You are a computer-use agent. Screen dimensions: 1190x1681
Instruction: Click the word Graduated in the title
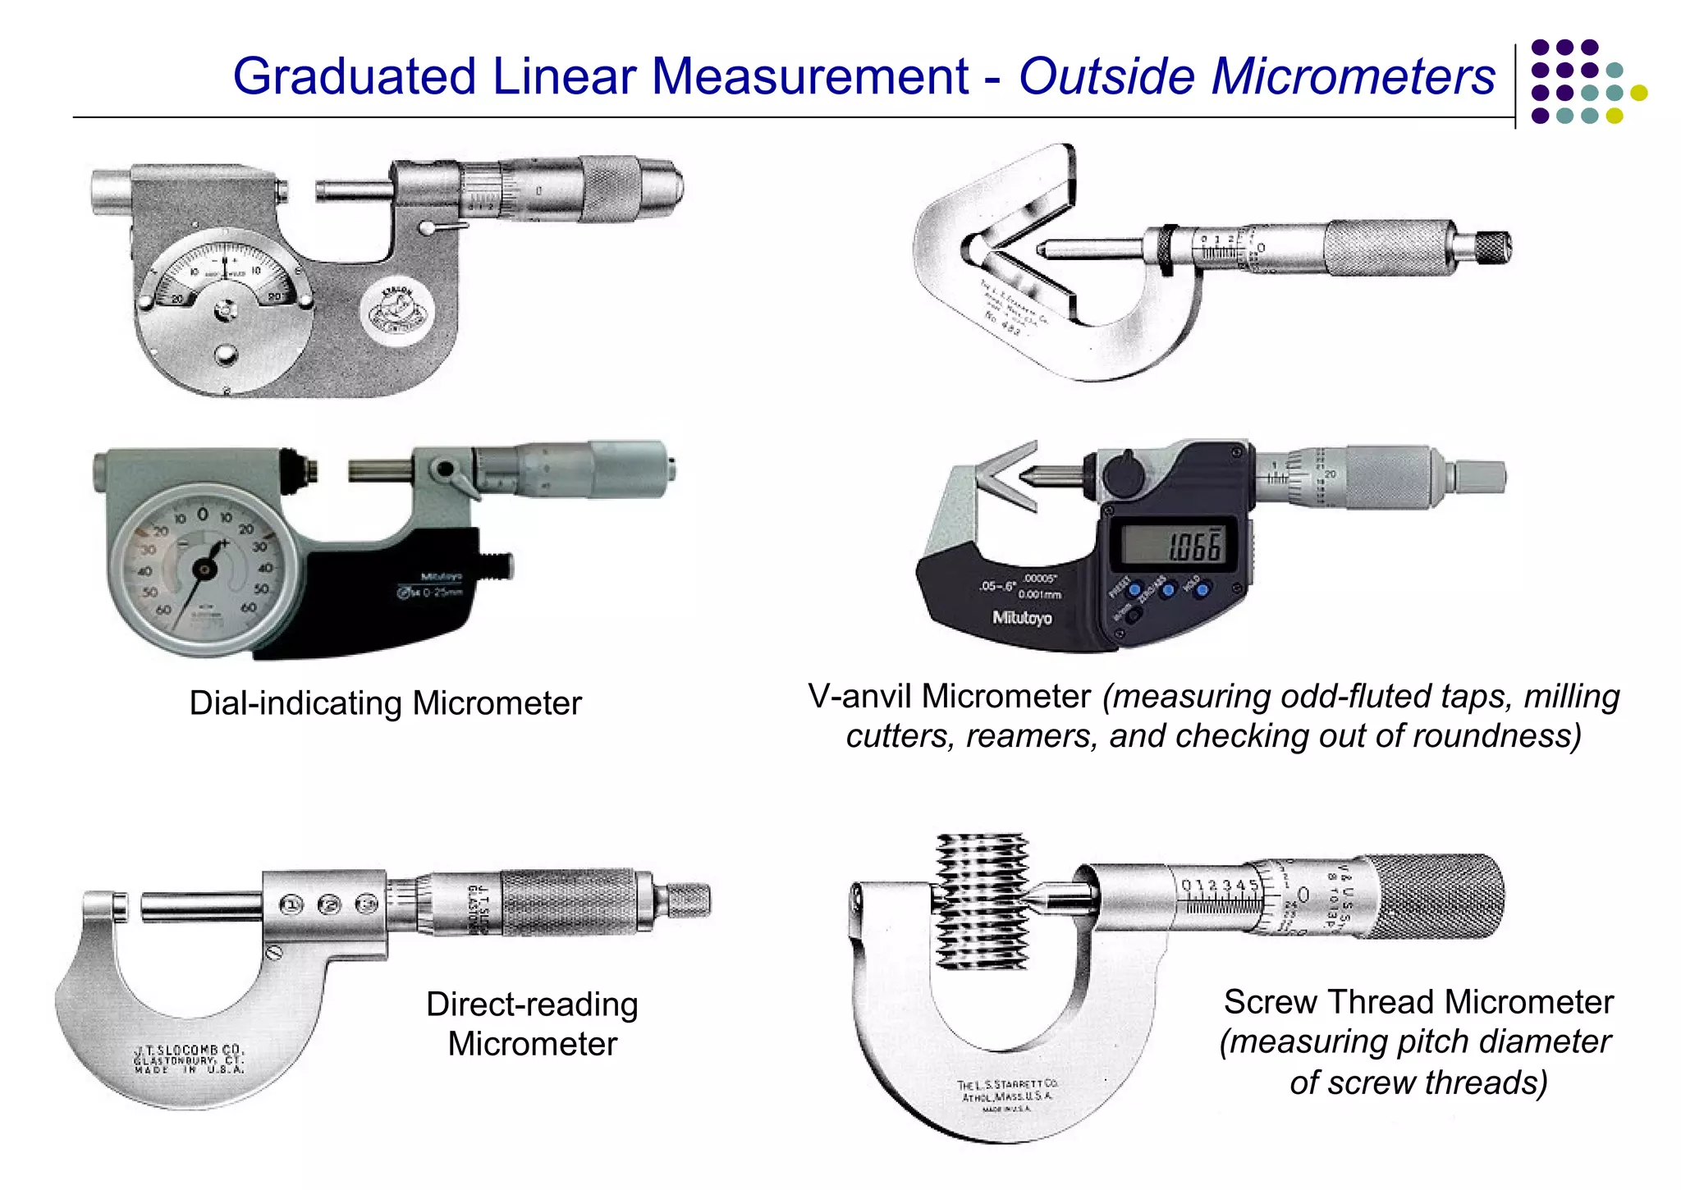353,76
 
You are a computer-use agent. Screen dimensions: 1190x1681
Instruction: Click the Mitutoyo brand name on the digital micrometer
1022,617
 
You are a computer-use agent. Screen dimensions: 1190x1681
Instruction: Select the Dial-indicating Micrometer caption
385,703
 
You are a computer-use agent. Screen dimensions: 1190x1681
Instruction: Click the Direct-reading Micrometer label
532,1023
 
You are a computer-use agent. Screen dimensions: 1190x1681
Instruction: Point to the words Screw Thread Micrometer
1418,1002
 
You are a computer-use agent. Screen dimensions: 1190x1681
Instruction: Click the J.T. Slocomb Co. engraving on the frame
190,1059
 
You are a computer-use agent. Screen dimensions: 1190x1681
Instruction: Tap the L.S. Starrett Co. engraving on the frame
1006,1092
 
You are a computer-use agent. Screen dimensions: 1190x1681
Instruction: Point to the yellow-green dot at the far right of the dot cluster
1638,93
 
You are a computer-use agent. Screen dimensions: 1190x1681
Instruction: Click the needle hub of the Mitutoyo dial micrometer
203,569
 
